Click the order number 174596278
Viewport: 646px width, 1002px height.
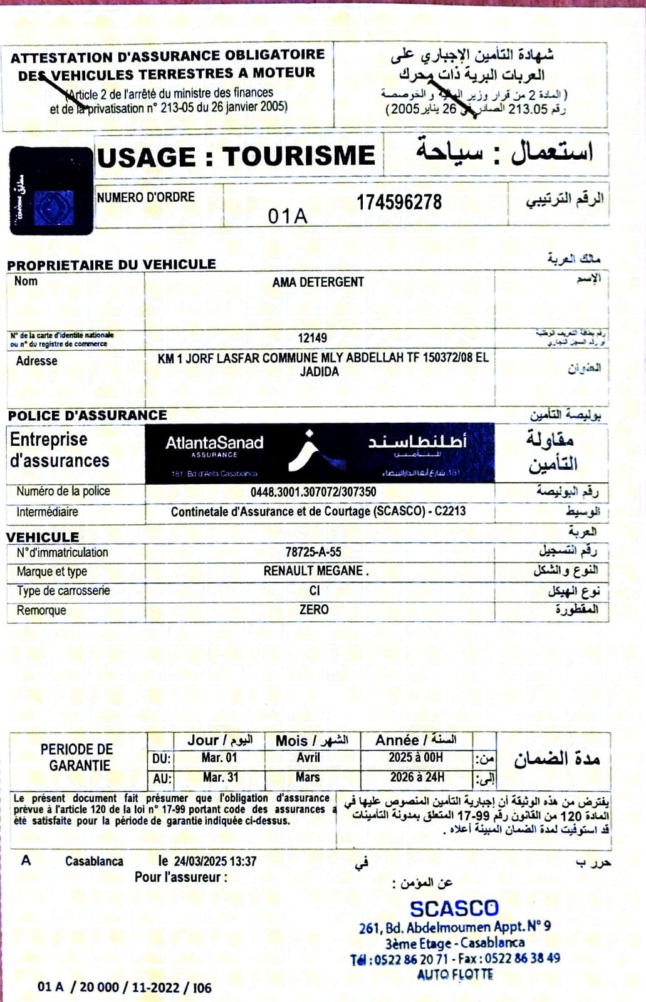(x=399, y=202)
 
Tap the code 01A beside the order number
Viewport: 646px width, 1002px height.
(x=288, y=216)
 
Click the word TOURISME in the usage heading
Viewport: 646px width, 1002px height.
(x=299, y=156)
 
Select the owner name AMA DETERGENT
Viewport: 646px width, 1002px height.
(x=318, y=282)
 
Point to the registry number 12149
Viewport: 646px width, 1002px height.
(x=312, y=338)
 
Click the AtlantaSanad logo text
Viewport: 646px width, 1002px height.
(x=214, y=443)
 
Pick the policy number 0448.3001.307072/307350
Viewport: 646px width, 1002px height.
(x=313, y=492)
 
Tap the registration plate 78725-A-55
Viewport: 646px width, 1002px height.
(x=313, y=552)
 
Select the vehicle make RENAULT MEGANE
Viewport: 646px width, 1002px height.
(x=315, y=571)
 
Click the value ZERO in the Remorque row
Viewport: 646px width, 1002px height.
(x=314, y=609)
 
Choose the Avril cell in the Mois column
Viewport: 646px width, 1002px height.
(x=308, y=758)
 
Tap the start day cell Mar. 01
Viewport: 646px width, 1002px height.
(x=219, y=758)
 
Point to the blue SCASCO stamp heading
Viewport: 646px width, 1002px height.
(x=454, y=908)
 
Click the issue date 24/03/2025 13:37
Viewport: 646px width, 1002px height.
(x=215, y=861)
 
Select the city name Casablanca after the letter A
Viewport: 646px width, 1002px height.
(x=94, y=861)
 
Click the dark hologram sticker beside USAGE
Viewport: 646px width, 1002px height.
(x=51, y=191)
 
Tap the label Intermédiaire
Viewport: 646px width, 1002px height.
(x=47, y=512)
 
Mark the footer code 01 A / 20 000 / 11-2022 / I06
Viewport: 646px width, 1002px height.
(x=124, y=987)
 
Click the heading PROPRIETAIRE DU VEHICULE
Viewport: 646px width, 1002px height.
(x=112, y=264)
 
